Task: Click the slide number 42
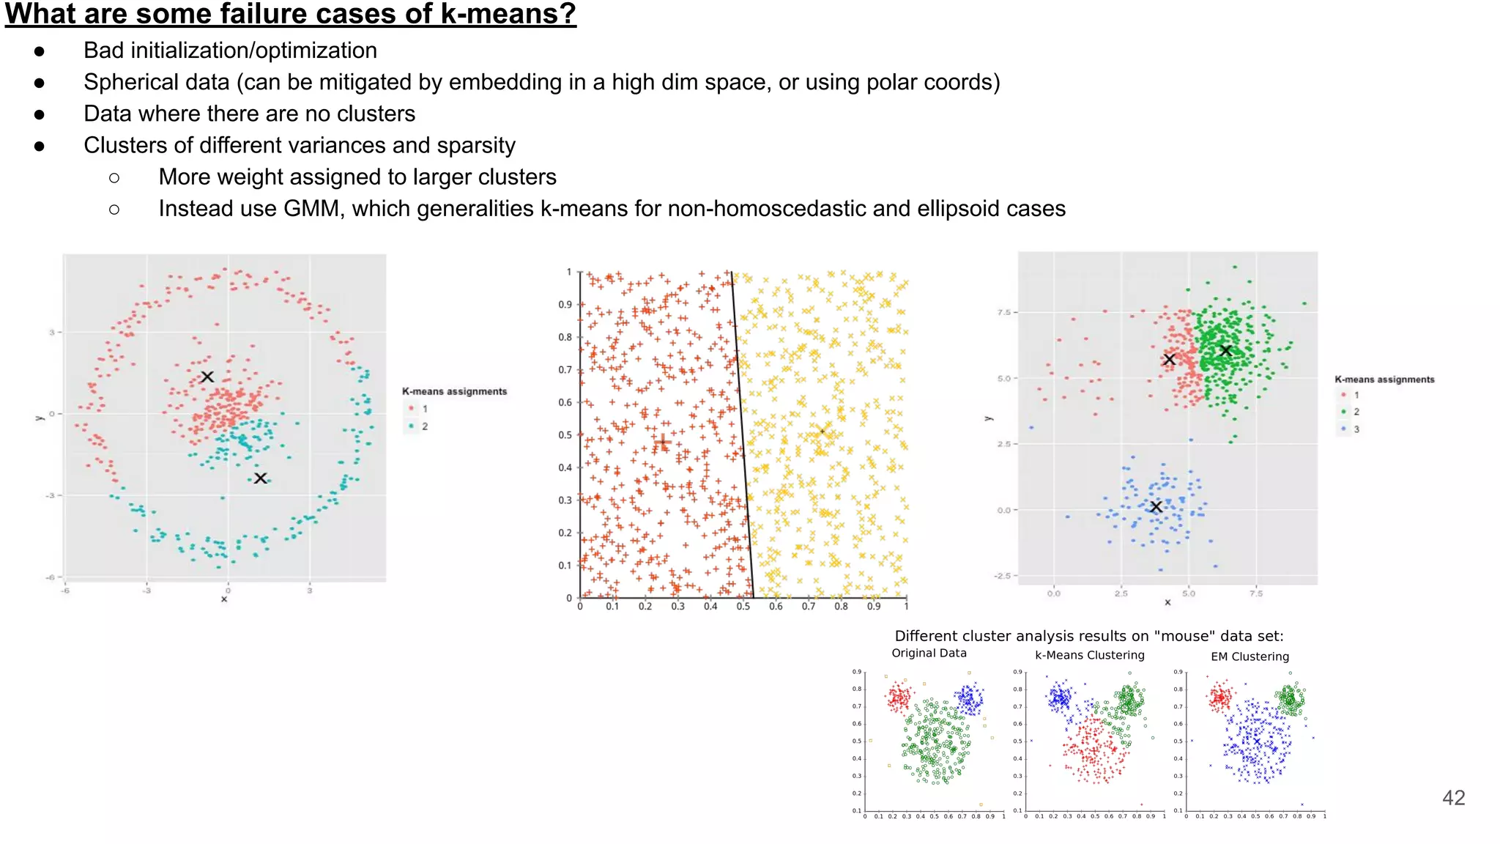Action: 1453,798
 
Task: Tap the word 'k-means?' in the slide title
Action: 508,13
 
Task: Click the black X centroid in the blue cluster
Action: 1156,507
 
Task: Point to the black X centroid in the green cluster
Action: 1225,351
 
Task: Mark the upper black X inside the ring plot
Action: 207,377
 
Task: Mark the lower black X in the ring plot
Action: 260,478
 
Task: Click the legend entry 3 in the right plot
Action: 1356,429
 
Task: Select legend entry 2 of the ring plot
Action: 424,426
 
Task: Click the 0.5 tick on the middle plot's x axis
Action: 743,607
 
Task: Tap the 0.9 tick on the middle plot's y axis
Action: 565,305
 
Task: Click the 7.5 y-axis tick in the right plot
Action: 1003,313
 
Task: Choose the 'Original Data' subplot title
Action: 929,654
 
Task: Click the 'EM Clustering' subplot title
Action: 1250,656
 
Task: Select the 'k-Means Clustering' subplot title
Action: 1089,655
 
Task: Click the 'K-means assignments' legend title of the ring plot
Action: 454,391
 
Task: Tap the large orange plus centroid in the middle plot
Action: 662,443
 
